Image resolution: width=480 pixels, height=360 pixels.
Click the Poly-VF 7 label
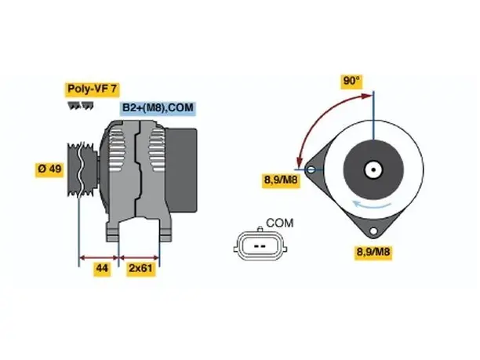coord(92,89)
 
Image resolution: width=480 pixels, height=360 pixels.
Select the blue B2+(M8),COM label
coord(158,108)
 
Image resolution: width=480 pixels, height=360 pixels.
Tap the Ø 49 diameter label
coord(49,169)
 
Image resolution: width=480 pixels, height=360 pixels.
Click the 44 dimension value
coord(102,268)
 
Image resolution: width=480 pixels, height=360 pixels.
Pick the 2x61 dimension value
coord(141,268)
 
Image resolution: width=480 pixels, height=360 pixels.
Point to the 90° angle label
coord(351,81)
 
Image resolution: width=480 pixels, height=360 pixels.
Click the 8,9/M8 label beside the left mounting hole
coord(281,180)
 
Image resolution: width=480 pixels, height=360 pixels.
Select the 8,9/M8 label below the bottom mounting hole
coord(373,252)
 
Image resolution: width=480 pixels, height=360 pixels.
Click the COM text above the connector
coord(279,224)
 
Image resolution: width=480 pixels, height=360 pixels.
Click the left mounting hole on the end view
coord(311,169)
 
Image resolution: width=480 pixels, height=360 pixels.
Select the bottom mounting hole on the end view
coord(373,231)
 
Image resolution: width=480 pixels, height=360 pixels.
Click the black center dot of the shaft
coord(373,169)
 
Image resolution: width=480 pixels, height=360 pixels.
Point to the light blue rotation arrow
coord(372,205)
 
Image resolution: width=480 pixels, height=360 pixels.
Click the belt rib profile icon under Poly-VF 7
coord(81,106)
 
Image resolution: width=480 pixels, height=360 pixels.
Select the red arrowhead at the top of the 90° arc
coord(367,96)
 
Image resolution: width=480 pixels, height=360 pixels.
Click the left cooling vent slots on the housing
coord(117,150)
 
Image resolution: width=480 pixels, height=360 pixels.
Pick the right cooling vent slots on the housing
coord(157,150)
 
